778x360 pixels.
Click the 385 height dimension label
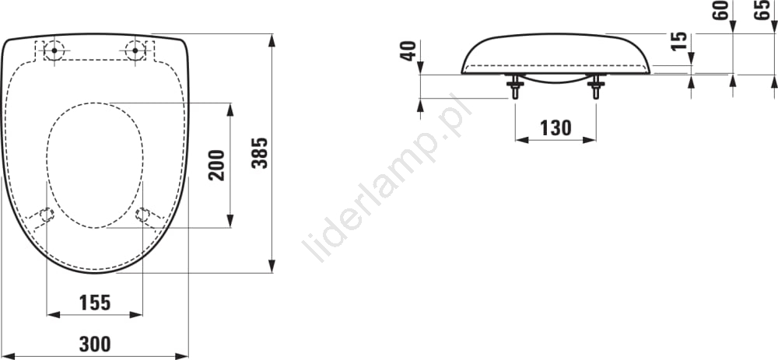260,152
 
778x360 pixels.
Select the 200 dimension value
217,165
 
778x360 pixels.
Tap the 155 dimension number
95,302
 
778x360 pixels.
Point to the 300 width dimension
95,344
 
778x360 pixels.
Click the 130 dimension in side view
555,128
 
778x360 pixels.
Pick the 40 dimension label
408,51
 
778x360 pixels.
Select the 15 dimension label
678,40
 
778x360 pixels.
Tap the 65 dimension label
762,10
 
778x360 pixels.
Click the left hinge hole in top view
54,51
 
